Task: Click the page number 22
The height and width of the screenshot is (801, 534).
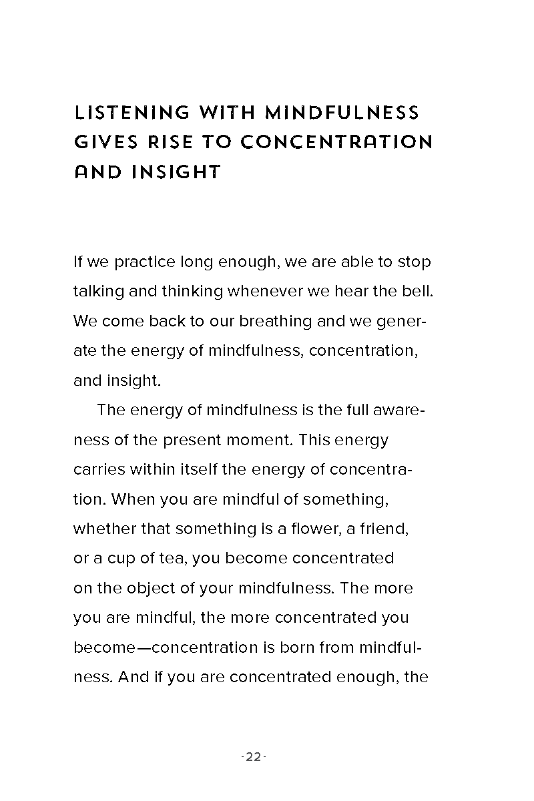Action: click(253, 757)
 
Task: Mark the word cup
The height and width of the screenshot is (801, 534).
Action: click(121, 559)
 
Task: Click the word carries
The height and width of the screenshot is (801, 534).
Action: click(99, 469)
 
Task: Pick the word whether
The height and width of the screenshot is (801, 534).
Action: click(104, 529)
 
